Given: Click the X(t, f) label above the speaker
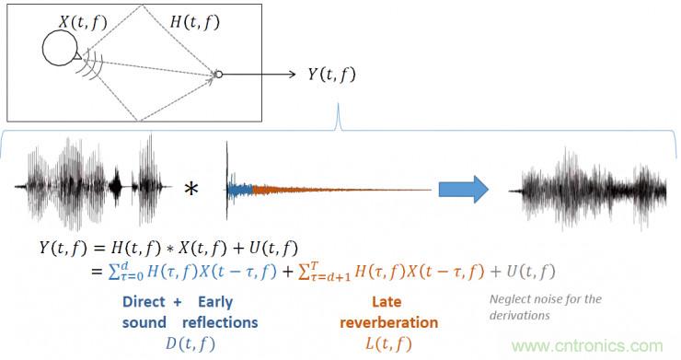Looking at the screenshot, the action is [83, 23].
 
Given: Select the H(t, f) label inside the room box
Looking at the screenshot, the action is [195, 22].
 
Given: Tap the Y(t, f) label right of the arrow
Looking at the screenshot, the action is [332, 75].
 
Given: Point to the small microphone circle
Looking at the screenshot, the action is [219, 75].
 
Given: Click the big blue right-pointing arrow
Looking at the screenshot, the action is [464, 189].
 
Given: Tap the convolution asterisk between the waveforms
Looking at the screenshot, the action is [191, 190].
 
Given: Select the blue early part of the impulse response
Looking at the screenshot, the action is [240, 190].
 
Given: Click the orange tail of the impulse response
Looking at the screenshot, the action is [341, 190].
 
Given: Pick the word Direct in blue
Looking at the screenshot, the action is [144, 302].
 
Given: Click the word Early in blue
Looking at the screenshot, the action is [215, 302].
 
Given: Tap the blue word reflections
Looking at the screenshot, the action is [220, 322].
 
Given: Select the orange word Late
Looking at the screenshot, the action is [387, 302].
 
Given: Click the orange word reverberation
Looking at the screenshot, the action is [388, 322].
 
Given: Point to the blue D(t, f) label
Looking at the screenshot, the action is [190, 344].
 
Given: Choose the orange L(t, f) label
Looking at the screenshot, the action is [388, 344].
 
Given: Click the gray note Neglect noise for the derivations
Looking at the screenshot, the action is [546, 307].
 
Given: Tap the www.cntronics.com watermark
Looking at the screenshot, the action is [588, 346].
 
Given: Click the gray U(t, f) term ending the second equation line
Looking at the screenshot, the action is [531, 272].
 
